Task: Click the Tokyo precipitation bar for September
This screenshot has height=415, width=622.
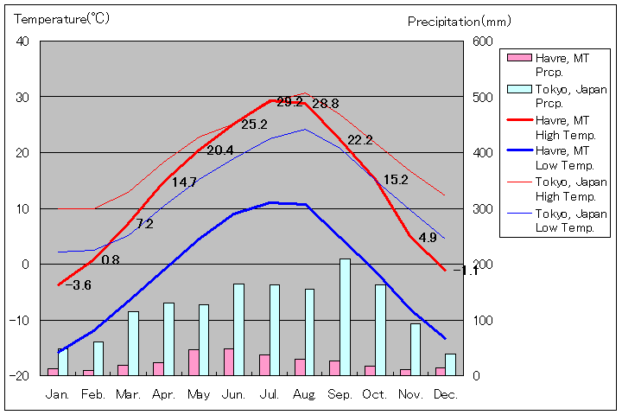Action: (346, 316)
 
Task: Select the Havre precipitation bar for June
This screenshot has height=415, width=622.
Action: (228, 361)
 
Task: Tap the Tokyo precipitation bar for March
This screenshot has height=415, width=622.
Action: (133, 342)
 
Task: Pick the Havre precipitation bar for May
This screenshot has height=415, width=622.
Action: (194, 361)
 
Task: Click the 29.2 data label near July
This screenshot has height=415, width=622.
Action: (289, 102)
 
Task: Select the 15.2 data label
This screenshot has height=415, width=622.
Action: (395, 180)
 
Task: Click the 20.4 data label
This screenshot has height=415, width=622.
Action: (219, 150)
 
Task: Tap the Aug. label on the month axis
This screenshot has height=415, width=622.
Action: (304, 394)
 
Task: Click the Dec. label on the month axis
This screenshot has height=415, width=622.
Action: (446, 394)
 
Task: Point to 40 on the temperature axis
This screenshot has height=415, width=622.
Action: (22, 41)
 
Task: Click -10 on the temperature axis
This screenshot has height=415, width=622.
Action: (18, 320)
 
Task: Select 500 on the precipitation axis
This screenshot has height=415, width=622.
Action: (481, 97)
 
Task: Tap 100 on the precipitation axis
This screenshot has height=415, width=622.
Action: (481, 320)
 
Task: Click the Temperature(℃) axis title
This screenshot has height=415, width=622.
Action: (51, 19)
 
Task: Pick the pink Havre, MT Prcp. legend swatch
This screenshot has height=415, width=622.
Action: (518, 58)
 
